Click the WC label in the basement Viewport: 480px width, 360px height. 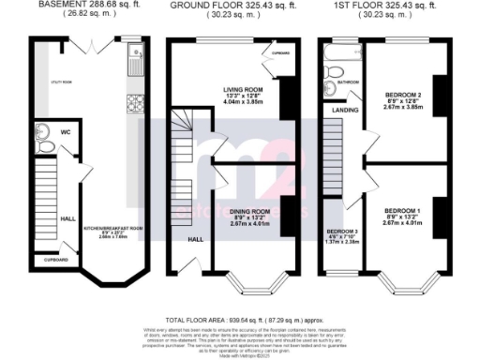click(x=67, y=133)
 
